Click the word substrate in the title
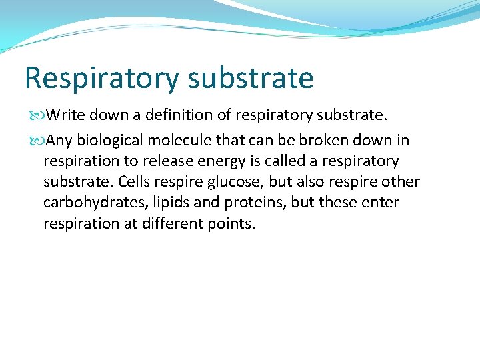[251, 77]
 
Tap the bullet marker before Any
[38, 141]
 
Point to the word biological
[110, 141]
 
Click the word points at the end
[230, 224]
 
